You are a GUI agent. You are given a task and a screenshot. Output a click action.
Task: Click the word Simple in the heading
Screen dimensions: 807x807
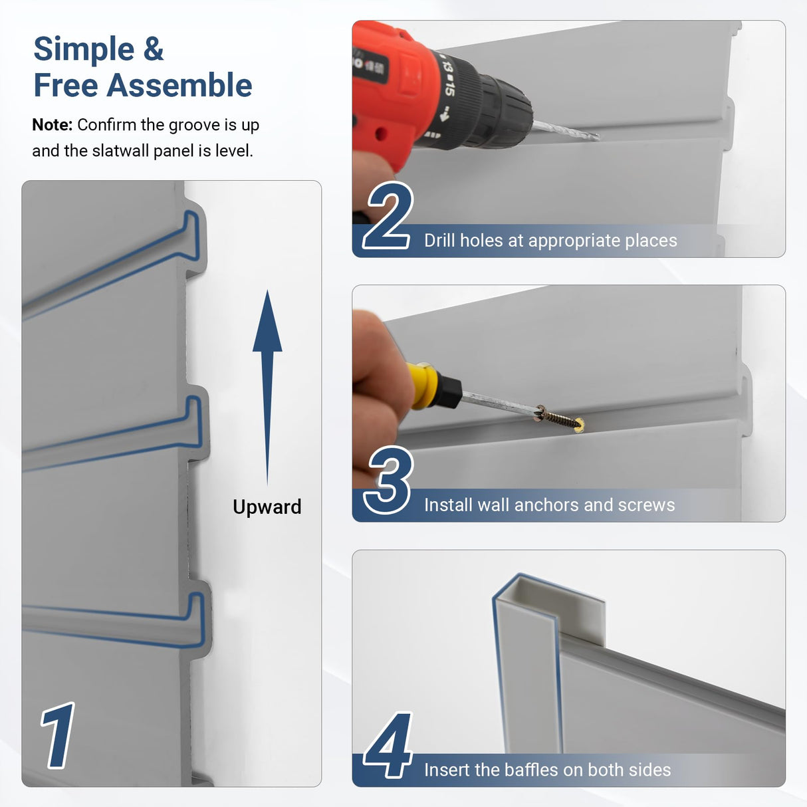point(84,50)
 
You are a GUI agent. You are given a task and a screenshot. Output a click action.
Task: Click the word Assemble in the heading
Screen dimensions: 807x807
point(179,86)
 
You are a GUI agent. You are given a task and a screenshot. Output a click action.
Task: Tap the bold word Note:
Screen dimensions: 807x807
point(52,125)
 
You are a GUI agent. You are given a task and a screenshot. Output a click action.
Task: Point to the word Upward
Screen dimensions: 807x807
point(267,507)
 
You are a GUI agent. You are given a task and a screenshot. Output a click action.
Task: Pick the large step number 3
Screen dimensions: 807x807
point(390,480)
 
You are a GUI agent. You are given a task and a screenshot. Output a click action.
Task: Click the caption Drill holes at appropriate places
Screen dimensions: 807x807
point(550,241)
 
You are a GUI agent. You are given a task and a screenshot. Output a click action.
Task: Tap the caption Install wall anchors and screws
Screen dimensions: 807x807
point(549,505)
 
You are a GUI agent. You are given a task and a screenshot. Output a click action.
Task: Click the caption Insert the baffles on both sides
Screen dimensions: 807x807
point(547,770)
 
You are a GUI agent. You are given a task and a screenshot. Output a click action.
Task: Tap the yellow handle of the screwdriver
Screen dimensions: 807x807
point(425,385)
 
